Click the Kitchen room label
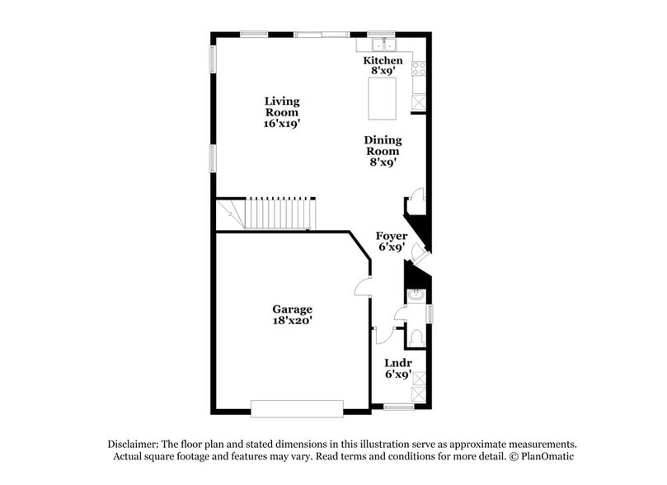383,61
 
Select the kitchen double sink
383,44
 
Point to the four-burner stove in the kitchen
419,69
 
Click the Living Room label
282,106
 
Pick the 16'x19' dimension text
282,122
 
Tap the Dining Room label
383,146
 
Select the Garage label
293,309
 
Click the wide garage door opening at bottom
297,408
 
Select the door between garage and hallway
363,286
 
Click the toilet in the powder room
416,337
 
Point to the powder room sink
416,294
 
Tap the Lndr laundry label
398,363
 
